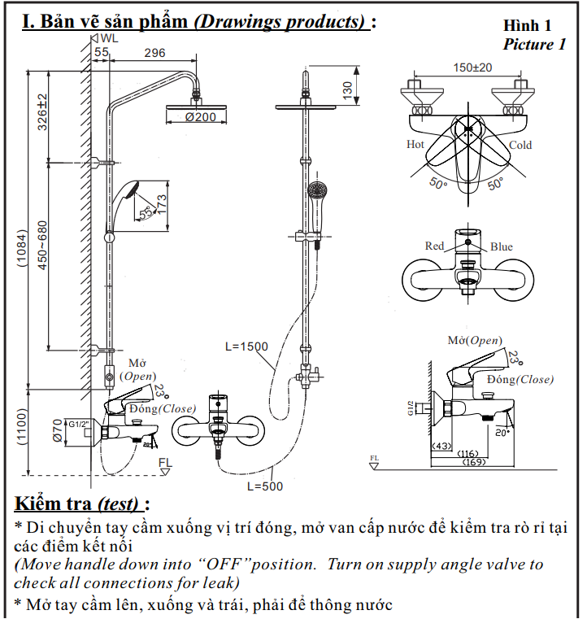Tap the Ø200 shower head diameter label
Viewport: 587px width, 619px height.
pyautogui.click(x=200, y=118)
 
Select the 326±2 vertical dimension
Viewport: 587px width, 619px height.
pyautogui.click(x=41, y=111)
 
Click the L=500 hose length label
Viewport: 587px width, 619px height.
pyautogui.click(x=261, y=486)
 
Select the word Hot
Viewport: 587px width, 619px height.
pyautogui.click(x=415, y=145)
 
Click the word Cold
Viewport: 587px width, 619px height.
pyautogui.click(x=520, y=146)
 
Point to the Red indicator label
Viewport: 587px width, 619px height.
pyautogui.click(x=435, y=246)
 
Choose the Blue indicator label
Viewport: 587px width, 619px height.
pyautogui.click(x=502, y=246)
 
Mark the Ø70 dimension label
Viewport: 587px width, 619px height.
pyautogui.click(x=57, y=429)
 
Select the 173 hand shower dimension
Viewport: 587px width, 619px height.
pyautogui.click(x=163, y=204)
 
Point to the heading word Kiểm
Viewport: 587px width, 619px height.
pyautogui.click(x=41, y=503)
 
